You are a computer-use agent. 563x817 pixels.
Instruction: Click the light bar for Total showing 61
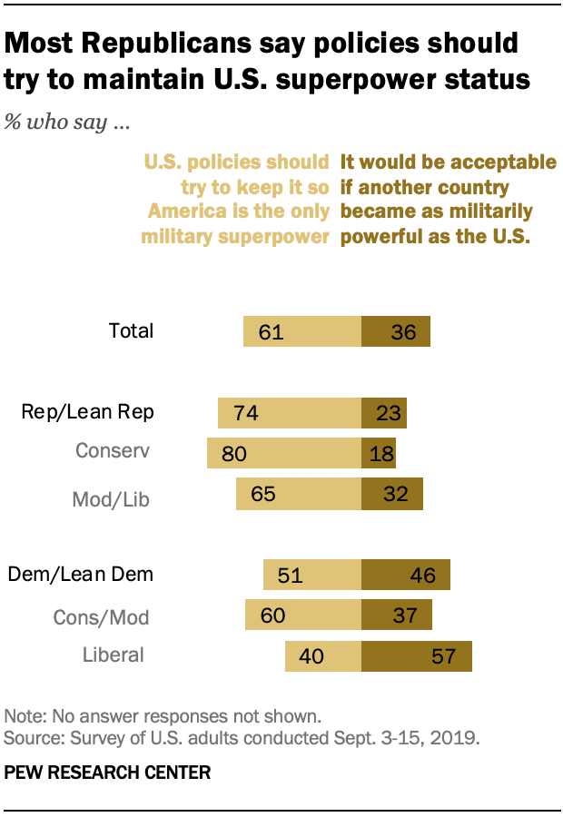click(302, 331)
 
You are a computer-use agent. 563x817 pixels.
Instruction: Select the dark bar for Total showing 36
click(395, 331)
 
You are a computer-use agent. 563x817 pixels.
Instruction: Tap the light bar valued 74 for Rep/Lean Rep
click(290, 413)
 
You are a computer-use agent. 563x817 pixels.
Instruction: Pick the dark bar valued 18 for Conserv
click(379, 453)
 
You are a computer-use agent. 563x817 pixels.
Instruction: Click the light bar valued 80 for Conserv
click(284, 453)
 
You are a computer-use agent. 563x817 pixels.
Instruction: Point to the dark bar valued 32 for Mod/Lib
click(391, 495)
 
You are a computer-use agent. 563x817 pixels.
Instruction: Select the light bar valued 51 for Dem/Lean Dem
click(312, 576)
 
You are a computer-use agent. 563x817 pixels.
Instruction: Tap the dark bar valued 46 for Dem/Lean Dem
click(405, 576)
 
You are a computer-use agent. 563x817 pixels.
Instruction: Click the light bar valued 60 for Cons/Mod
click(303, 615)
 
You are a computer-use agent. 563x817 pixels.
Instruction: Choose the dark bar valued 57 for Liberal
click(416, 656)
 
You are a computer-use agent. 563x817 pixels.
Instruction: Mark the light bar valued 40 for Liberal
click(323, 656)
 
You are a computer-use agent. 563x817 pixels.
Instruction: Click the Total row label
click(131, 331)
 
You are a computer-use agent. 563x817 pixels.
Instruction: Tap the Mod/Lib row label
click(110, 498)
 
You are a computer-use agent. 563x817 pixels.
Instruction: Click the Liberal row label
click(113, 655)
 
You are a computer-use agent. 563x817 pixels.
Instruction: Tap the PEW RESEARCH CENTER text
click(107, 773)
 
